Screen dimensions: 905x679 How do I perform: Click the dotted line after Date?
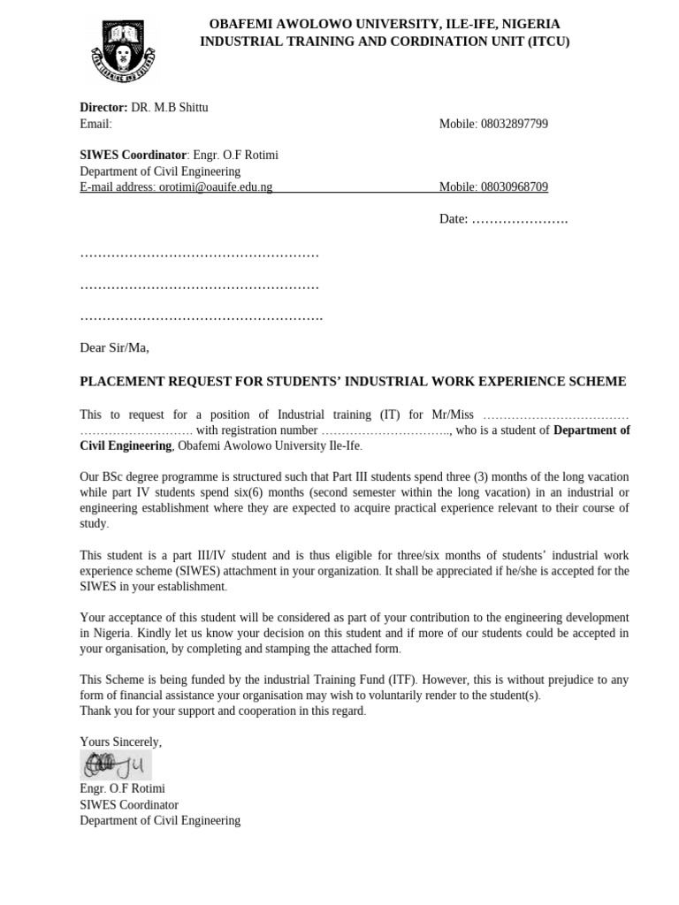519,219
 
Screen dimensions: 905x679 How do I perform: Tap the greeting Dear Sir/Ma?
114,347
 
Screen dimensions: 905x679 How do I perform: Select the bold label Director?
103,108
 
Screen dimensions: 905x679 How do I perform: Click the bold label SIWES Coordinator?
133,156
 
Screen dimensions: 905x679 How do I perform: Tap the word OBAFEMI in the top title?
241,24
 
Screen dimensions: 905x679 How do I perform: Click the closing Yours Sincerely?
120,741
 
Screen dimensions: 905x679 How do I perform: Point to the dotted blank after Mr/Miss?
556,414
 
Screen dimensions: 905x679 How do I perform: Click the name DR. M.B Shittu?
170,108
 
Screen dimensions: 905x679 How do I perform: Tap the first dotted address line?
199,255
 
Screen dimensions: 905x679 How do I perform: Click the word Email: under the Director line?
95,124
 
